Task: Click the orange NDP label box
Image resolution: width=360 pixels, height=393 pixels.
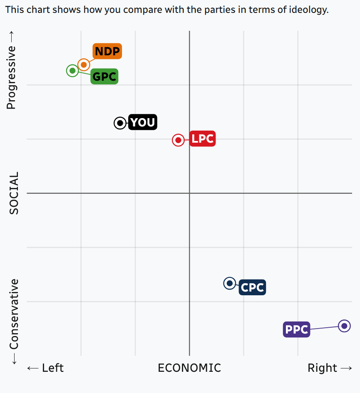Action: coord(107,52)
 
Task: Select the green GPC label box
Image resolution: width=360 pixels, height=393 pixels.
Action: coord(104,77)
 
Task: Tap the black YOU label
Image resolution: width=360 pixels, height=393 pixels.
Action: coord(143,122)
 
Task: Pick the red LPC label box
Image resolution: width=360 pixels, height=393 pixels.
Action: coord(203,138)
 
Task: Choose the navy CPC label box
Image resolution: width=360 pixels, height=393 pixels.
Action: coord(252,287)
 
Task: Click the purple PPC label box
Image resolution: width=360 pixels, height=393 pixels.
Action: coord(296,330)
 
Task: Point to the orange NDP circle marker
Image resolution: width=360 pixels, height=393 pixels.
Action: coord(84,64)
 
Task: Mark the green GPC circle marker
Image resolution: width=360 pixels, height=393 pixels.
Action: coord(72,70)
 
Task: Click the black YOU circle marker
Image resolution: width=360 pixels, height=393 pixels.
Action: coord(120,123)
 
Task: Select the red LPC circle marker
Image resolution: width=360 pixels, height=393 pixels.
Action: coord(178,140)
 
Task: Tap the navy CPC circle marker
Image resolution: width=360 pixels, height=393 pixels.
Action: coord(229,283)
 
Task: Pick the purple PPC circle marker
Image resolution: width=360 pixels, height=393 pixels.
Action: coord(344,326)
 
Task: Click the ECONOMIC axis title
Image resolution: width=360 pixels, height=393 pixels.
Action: coord(189,368)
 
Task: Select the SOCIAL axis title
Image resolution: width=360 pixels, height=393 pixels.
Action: coord(14,193)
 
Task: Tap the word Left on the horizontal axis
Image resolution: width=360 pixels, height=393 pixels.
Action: coord(52,368)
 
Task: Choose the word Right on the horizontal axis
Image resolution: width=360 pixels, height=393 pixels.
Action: coord(322,368)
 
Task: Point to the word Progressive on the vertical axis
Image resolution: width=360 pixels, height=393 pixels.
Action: coord(11,77)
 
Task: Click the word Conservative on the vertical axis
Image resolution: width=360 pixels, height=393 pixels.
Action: coord(14,314)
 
